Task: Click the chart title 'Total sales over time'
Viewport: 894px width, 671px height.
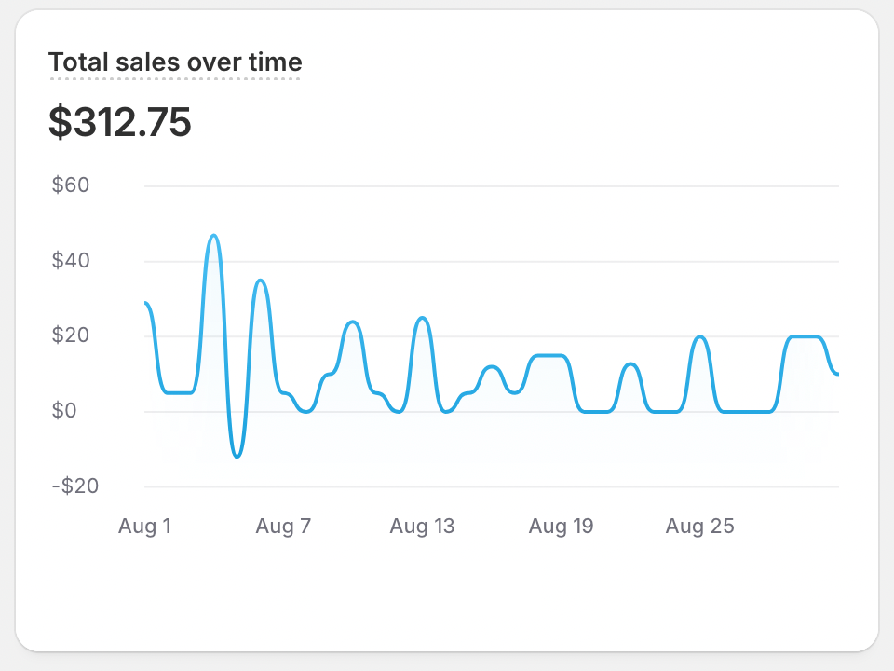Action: click(x=175, y=62)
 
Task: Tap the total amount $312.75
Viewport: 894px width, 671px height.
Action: click(x=120, y=123)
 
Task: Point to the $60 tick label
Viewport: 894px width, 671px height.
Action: click(x=71, y=185)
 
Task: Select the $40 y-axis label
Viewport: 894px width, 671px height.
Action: click(x=71, y=261)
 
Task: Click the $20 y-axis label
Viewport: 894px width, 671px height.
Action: click(x=71, y=335)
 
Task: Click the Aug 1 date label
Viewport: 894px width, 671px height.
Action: click(x=144, y=527)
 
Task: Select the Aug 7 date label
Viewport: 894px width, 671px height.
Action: click(x=283, y=527)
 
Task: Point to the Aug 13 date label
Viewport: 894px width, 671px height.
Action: click(x=422, y=527)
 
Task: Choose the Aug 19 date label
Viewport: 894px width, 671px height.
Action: click(x=561, y=527)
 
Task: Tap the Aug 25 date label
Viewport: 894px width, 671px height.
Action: click(x=699, y=527)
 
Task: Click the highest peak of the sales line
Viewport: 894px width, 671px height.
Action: click(x=214, y=236)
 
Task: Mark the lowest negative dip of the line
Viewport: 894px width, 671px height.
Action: click(x=237, y=457)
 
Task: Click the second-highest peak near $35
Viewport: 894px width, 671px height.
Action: click(x=261, y=281)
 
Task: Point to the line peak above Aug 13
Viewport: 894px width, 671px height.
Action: click(x=423, y=318)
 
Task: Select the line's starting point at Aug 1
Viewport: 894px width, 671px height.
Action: click(x=146, y=303)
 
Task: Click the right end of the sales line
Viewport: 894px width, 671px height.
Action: click(x=838, y=374)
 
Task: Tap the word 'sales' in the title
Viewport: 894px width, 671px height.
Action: click(x=151, y=62)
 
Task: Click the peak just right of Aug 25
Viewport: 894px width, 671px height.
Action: click(x=700, y=336)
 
